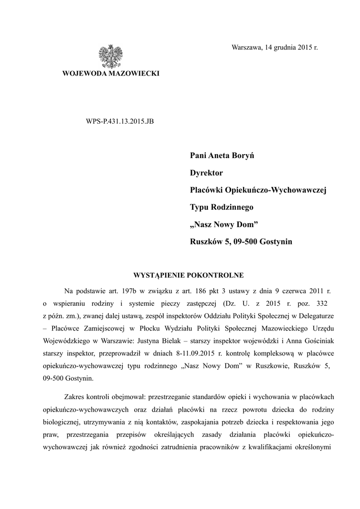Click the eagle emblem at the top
110,56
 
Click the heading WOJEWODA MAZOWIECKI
110,74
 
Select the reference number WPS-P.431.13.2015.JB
120,121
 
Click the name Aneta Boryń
233,156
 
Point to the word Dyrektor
206,173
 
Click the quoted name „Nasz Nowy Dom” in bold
224,225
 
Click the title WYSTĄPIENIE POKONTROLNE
186,275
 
